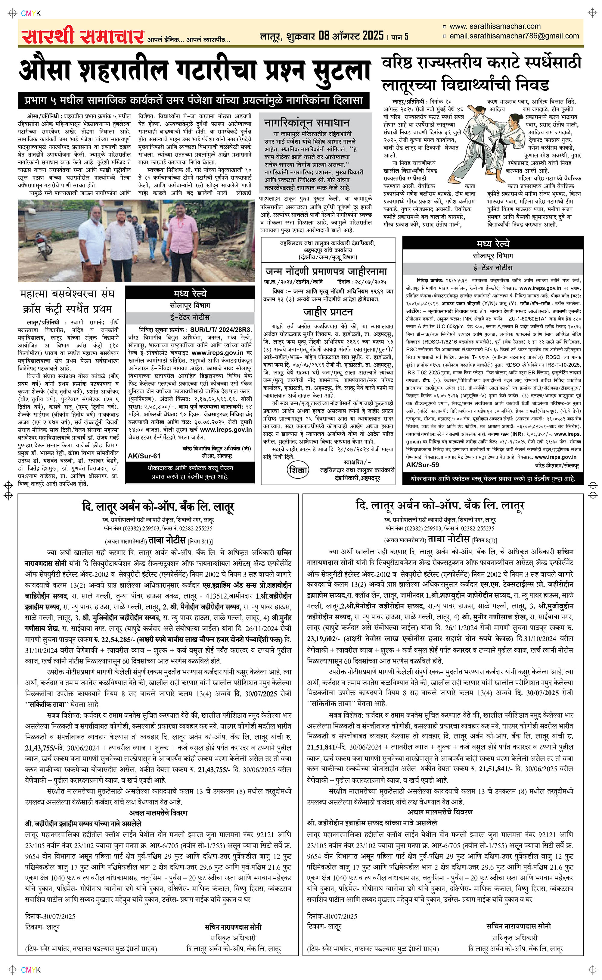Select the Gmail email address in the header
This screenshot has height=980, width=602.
514,36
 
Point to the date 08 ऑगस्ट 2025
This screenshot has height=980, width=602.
351,36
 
